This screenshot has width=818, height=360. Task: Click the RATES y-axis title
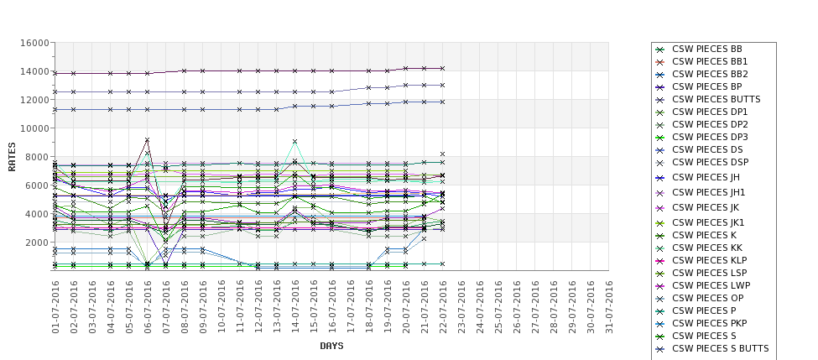pos(13,156)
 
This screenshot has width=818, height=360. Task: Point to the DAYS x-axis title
pos(331,346)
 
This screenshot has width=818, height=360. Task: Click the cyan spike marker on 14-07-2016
pos(295,142)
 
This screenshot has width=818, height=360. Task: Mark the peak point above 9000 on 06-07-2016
pos(148,140)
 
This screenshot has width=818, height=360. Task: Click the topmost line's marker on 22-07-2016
pos(443,68)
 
